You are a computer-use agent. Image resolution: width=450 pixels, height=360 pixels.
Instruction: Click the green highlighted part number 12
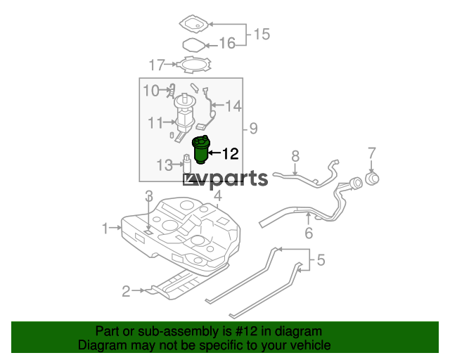tap(201, 150)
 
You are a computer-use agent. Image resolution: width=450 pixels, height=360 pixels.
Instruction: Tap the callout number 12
tap(231, 153)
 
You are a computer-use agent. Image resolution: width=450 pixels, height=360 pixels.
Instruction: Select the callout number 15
tap(262, 34)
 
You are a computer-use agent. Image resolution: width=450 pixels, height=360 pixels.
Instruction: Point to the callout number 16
tap(227, 44)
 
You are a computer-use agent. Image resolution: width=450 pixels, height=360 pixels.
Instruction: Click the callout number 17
tap(157, 65)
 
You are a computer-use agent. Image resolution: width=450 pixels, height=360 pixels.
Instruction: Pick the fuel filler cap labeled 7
tap(372, 178)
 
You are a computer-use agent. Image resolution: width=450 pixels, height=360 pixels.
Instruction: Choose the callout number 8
tap(295, 157)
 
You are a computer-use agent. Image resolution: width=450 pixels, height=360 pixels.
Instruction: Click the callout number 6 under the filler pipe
tap(309, 233)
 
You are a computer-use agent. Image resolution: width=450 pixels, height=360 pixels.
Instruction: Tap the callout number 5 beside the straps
tap(321, 260)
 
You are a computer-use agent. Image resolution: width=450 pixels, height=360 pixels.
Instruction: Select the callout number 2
tap(127, 291)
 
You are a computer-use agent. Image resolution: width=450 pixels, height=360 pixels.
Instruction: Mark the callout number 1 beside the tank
tap(105, 229)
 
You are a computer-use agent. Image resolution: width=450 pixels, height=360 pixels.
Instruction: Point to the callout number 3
tap(149, 196)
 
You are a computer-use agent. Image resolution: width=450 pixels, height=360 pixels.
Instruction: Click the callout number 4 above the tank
tap(218, 195)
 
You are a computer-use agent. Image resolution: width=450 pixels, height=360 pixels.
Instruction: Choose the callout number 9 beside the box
tap(253, 129)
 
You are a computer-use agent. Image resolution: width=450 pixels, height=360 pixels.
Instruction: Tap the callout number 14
tap(233, 106)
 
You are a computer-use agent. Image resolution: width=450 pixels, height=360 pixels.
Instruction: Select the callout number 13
tap(165, 165)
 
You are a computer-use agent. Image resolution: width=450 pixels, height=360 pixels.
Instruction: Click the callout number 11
tap(155, 123)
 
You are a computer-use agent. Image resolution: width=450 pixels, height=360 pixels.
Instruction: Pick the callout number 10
tap(151, 91)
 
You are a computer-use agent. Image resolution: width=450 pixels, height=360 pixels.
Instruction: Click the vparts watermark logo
tap(225, 179)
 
